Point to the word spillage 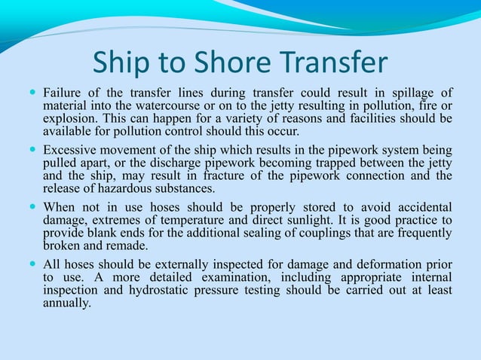412,93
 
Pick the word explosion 69,119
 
